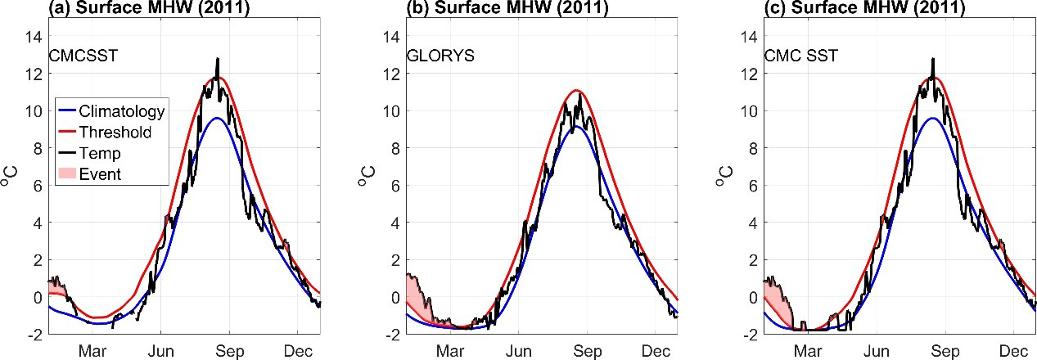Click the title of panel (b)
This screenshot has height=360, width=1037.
pyautogui.click(x=507, y=8)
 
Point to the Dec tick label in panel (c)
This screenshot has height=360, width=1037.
pyautogui.click(x=1014, y=351)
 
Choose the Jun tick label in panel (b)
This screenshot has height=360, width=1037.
pyautogui.click(x=519, y=351)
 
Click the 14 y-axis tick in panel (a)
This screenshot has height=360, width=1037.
pyautogui.click(x=34, y=36)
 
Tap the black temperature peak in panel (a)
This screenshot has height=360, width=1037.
pyautogui.click(x=218, y=60)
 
